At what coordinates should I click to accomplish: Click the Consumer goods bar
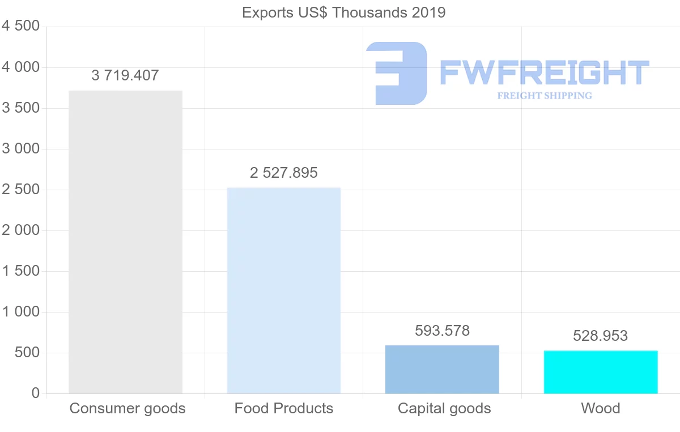(125, 242)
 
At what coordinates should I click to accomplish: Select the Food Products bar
(283, 290)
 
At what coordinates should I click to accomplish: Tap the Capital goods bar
(442, 369)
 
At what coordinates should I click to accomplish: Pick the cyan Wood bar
(601, 372)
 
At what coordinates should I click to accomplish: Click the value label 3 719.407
(125, 75)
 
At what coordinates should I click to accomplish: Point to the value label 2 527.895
(283, 173)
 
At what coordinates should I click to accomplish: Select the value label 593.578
(442, 331)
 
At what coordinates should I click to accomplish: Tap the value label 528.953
(601, 336)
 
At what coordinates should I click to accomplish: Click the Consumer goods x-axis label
(127, 408)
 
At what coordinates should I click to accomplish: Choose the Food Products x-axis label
(284, 408)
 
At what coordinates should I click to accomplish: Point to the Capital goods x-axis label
(444, 408)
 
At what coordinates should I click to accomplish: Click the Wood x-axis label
(601, 408)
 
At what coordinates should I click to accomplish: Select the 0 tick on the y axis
(36, 393)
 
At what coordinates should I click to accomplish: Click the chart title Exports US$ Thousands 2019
(343, 12)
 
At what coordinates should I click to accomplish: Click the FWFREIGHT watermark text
(544, 72)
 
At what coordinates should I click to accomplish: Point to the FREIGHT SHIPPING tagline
(545, 96)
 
